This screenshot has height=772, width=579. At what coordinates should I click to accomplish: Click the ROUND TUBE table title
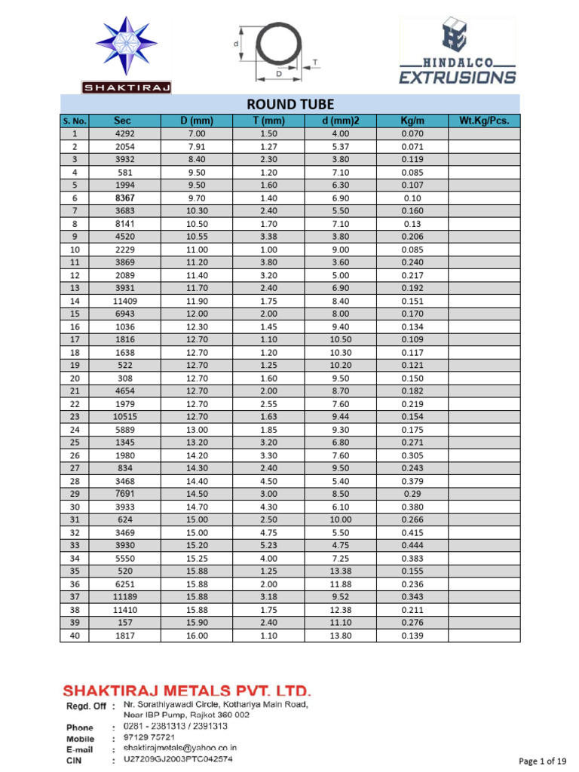tap(290, 104)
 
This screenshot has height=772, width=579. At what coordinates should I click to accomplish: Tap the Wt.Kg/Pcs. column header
tap(484, 121)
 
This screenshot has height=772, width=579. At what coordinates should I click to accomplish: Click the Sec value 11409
tap(124, 301)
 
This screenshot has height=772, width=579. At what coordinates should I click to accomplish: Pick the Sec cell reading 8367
tap(124, 198)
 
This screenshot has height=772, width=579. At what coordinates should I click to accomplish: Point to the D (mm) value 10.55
tap(197, 236)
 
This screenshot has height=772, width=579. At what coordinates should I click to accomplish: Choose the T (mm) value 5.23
tap(269, 545)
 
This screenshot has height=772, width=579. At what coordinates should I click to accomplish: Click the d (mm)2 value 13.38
tap(342, 571)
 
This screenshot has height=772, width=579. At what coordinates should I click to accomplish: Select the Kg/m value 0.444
tap(412, 545)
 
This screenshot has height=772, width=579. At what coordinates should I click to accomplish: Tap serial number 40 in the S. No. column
tap(74, 636)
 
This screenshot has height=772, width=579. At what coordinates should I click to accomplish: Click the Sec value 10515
tap(124, 417)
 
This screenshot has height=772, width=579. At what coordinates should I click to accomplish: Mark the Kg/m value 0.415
tap(412, 532)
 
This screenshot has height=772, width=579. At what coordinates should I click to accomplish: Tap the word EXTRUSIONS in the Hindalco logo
tap(457, 77)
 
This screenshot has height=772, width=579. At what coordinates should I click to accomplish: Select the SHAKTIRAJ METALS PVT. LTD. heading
tap(186, 691)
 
